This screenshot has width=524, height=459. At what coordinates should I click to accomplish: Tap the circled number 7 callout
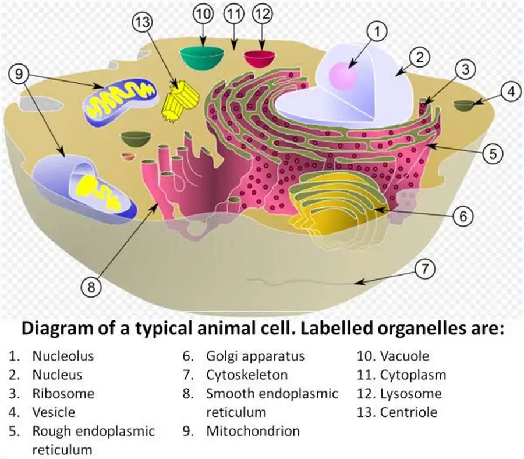point(426,269)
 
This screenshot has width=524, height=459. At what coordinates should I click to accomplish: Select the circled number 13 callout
point(143,23)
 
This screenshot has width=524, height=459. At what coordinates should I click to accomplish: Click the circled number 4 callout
point(511,91)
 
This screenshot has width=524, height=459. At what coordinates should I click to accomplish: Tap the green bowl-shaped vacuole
point(202,57)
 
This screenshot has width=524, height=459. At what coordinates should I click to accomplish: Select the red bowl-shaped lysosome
point(260,58)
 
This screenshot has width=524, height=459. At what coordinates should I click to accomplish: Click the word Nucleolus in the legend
point(63,356)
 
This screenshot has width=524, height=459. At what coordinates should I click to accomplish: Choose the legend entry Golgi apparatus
point(255,356)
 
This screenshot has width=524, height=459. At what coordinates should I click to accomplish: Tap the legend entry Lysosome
point(410,394)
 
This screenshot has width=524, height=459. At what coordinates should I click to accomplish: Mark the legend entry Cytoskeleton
point(246,375)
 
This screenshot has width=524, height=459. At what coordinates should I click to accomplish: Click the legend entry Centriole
point(408,412)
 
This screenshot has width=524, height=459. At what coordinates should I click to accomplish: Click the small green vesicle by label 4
point(464,105)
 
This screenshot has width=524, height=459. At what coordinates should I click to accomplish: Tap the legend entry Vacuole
point(404,356)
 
